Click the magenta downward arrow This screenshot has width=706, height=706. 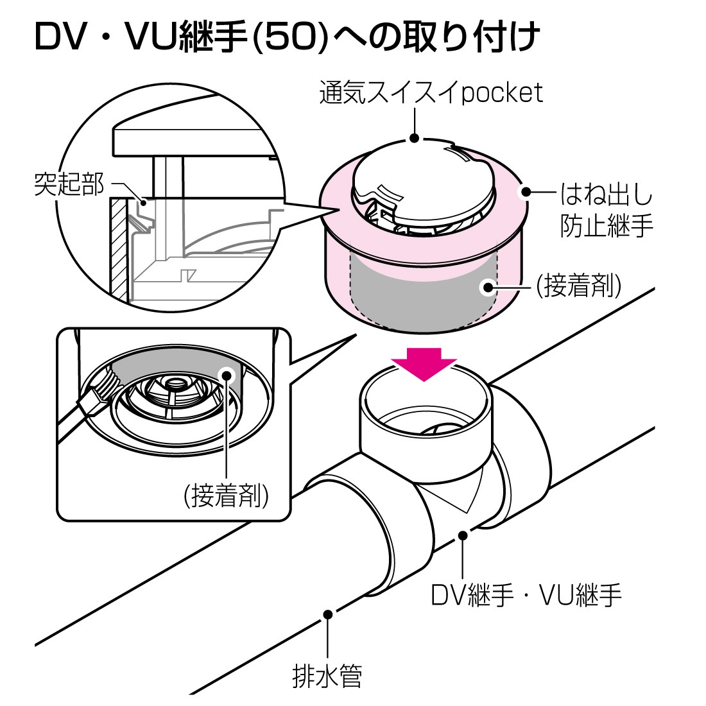tap(424, 363)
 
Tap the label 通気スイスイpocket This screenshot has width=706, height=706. tap(431, 92)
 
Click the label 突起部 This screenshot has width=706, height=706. tap(69, 185)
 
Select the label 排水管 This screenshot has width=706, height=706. tap(327, 676)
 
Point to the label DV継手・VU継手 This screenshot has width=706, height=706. tap(526, 595)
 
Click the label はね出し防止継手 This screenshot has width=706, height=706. tap(606, 209)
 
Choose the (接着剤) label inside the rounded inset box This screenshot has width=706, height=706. tap(226, 495)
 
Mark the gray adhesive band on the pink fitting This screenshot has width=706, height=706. tap(424, 292)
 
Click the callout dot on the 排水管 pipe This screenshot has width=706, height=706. tap(328, 614)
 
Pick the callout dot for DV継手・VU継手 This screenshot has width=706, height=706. tap(463, 534)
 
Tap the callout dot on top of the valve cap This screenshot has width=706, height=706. tap(415, 138)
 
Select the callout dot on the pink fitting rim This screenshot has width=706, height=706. tap(526, 191)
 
